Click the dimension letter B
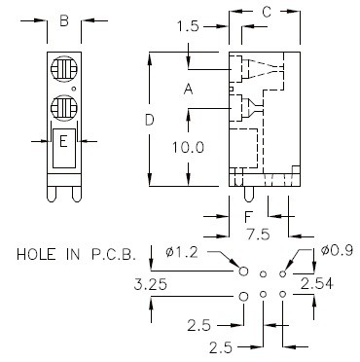click(64, 21)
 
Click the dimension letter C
click(267, 12)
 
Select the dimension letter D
click(149, 121)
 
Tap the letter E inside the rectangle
click(63, 142)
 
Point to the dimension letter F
click(248, 216)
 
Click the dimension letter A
click(188, 89)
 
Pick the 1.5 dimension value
click(188, 26)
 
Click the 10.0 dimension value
click(188, 148)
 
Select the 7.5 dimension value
click(258, 235)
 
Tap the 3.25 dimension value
click(150, 285)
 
